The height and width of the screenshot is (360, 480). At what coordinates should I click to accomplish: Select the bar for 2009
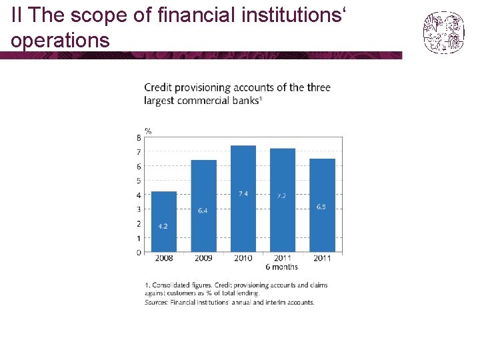click(x=203, y=206)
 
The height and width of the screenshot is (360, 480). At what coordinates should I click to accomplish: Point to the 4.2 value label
click(x=163, y=226)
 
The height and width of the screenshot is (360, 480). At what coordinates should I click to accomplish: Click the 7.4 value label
click(x=243, y=193)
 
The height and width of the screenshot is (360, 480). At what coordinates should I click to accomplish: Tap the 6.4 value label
click(x=203, y=211)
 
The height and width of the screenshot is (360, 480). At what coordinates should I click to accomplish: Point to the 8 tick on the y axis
click(x=139, y=138)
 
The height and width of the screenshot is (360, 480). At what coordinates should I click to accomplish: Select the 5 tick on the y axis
click(x=139, y=181)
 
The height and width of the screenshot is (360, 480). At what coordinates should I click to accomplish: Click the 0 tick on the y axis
click(x=139, y=252)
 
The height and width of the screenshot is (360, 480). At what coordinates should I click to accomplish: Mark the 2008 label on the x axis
click(x=163, y=259)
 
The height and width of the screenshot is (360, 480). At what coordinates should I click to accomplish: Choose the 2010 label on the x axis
click(x=243, y=259)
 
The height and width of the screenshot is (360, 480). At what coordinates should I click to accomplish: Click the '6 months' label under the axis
click(x=282, y=267)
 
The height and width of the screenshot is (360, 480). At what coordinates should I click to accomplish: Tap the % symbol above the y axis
click(x=148, y=130)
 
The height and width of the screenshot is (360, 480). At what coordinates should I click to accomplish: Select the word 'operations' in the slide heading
click(x=60, y=41)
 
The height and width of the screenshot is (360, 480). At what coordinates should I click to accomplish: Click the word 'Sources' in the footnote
click(x=155, y=302)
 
